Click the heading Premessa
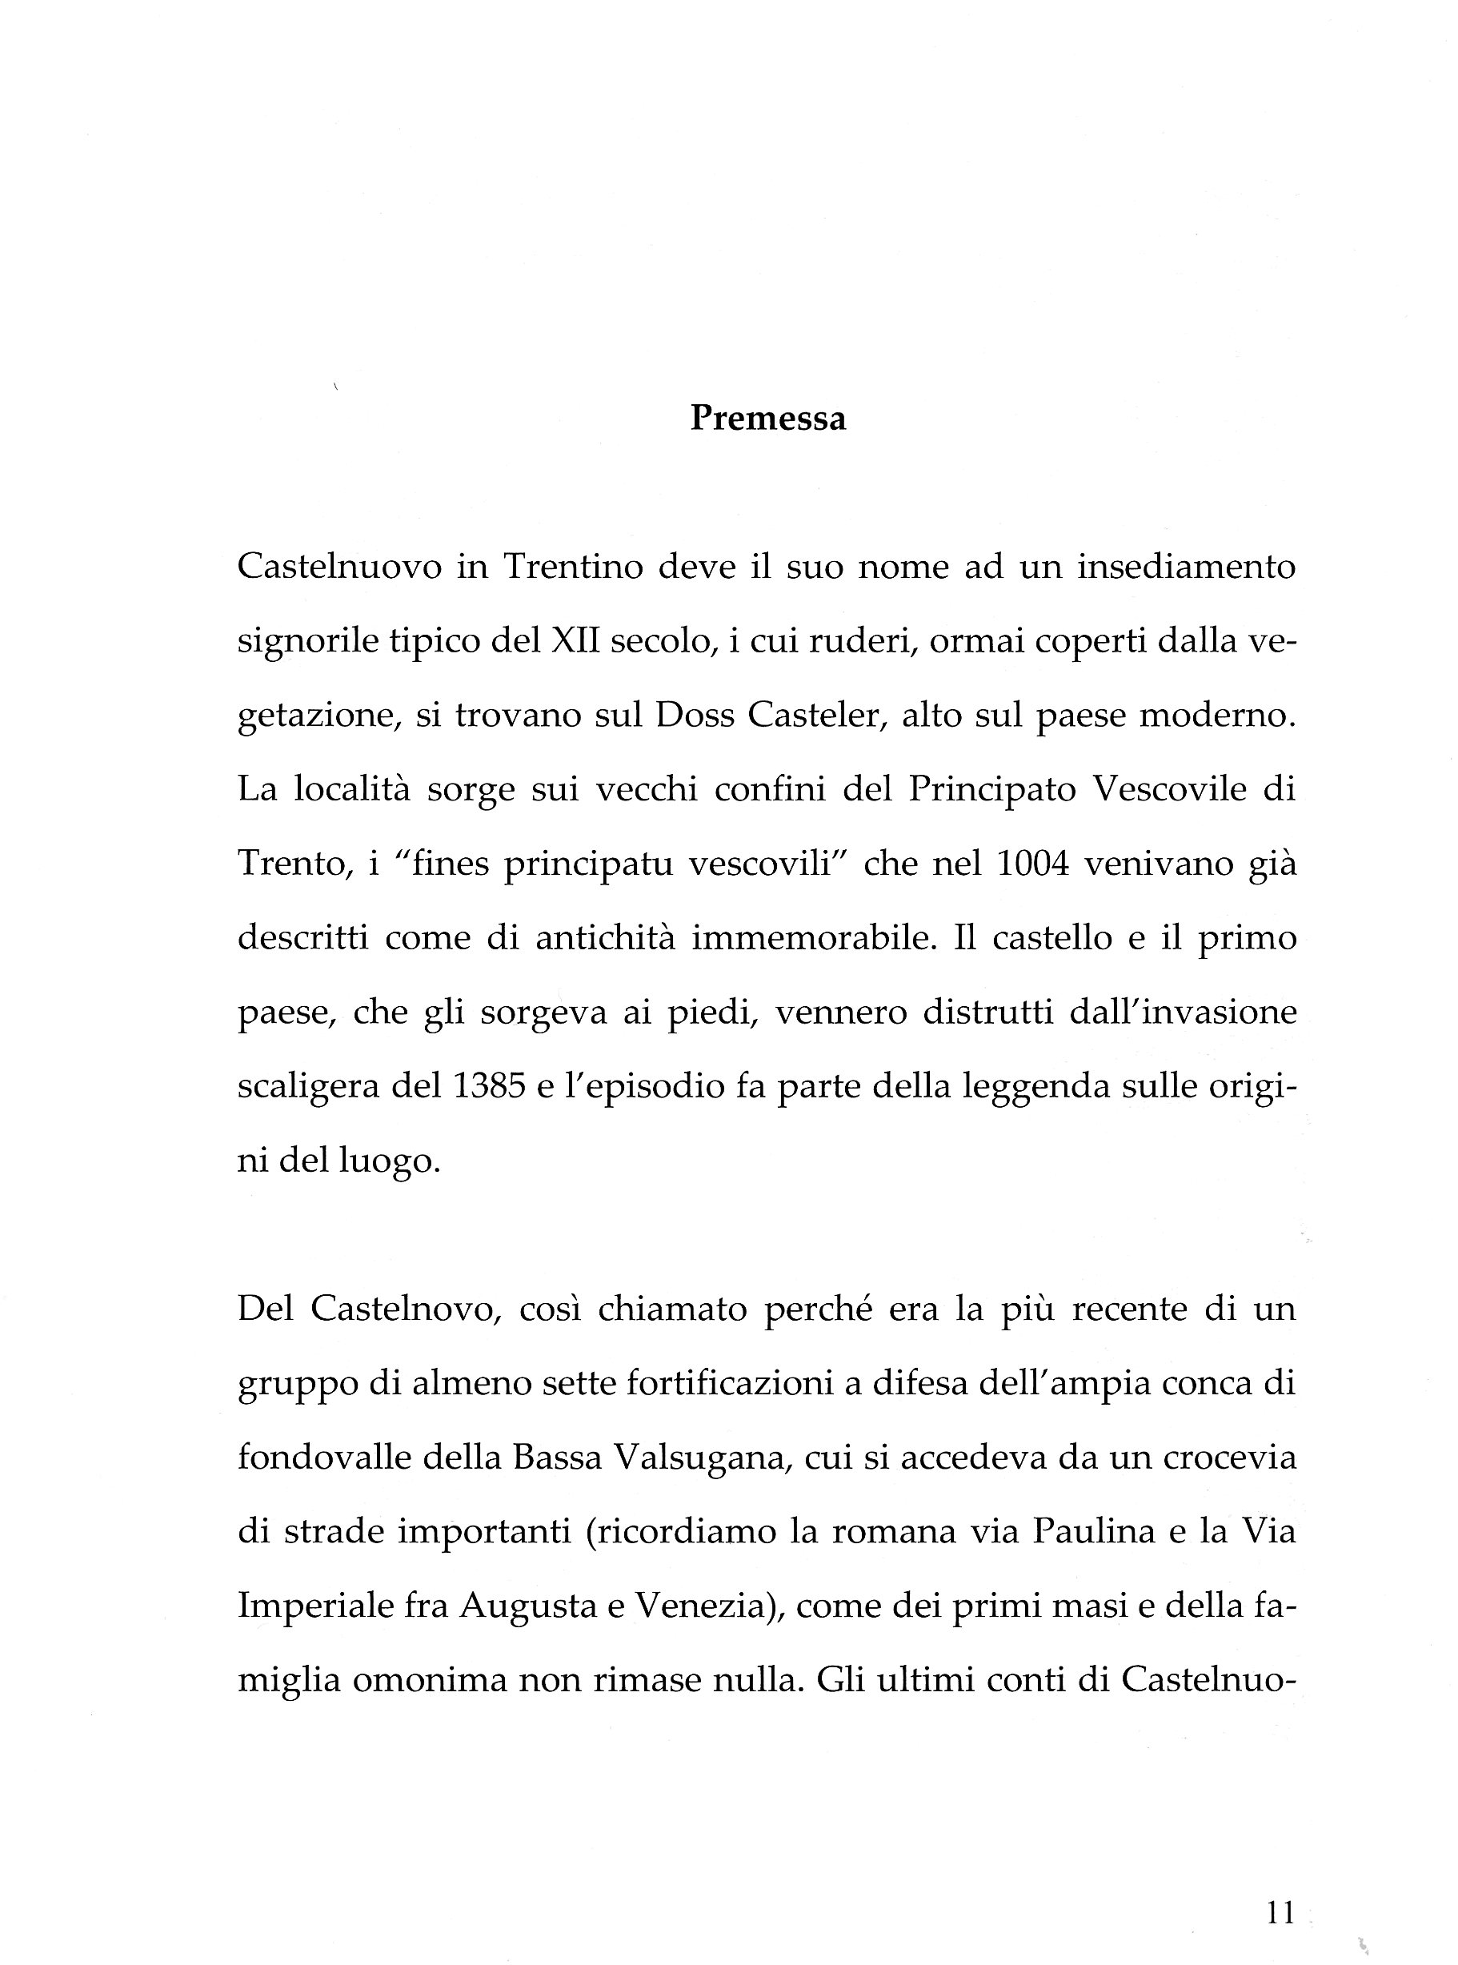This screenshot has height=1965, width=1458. tap(767, 419)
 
